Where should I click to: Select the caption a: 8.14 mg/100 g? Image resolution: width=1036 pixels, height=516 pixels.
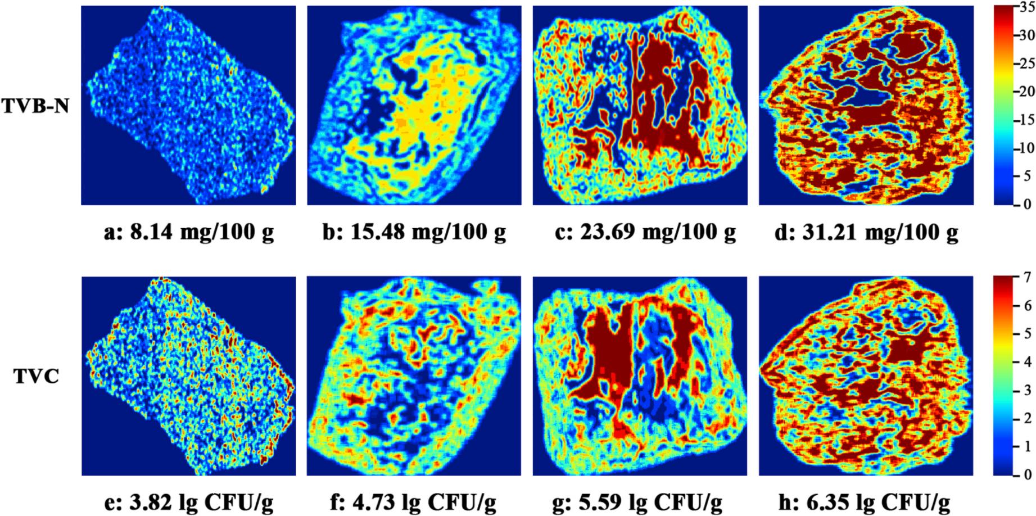(x=189, y=232)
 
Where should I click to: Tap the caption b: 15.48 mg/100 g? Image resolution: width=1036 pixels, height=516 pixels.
(x=414, y=232)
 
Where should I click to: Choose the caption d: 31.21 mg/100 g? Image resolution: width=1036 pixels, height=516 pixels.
(x=866, y=232)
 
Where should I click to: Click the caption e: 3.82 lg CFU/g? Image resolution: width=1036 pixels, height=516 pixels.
(x=189, y=501)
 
